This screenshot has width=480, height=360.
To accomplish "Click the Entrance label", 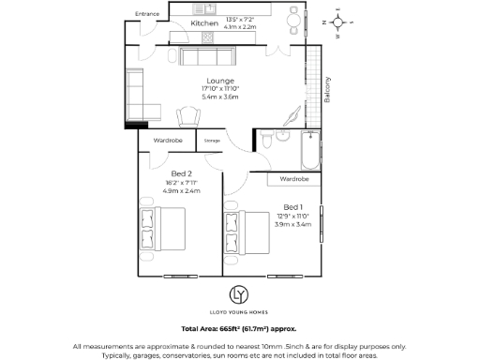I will [x=147, y=14].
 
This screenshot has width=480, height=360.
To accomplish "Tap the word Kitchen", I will [x=204, y=22].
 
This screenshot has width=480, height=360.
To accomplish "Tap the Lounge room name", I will [x=221, y=81].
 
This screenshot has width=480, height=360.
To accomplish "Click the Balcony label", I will [x=327, y=88].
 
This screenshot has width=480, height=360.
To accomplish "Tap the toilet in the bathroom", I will [x=267, y=142].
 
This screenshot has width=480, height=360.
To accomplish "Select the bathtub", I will [x=307, y=149].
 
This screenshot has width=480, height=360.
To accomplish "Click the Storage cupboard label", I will [x=212, y=141].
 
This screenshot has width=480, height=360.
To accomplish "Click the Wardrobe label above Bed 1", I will [x=294, y=178].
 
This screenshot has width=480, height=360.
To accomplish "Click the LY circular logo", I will [x=239, y=294].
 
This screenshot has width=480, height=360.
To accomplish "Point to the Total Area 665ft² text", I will [x=239, y=330].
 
